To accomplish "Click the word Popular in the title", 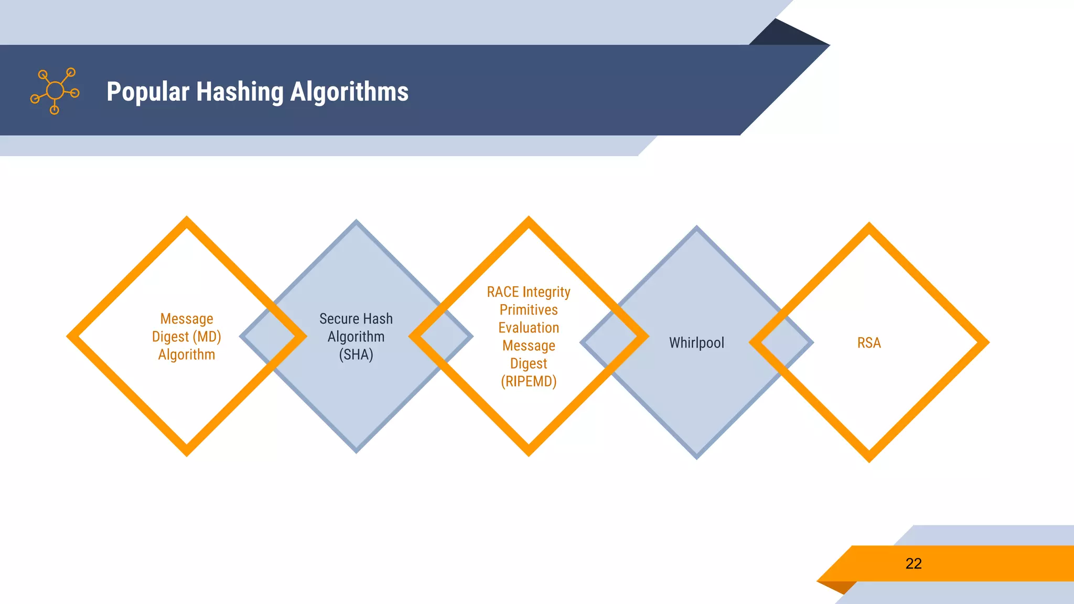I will tap(148, 92).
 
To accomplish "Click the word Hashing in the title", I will tap(240, 92).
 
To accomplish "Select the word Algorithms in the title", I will tap(349, 92).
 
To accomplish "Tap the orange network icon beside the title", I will tap(55, 91).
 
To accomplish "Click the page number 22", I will tap(914, 564).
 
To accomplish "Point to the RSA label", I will tap(869, 343).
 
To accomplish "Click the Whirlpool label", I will tap(696, 343).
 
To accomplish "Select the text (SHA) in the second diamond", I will tap(356, 355).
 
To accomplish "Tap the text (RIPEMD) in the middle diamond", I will tap(529, 382).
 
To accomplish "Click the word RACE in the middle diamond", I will tap(503, 292).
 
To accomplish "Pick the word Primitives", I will tap(529, 310).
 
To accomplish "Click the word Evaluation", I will tap(529, 328).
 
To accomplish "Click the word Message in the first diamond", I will tap(187, 319).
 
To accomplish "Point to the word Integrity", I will tap(546, 292).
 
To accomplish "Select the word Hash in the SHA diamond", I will tap(378, 319).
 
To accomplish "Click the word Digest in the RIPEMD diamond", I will tap(529, 363).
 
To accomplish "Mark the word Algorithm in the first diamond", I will tap(187, 355).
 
